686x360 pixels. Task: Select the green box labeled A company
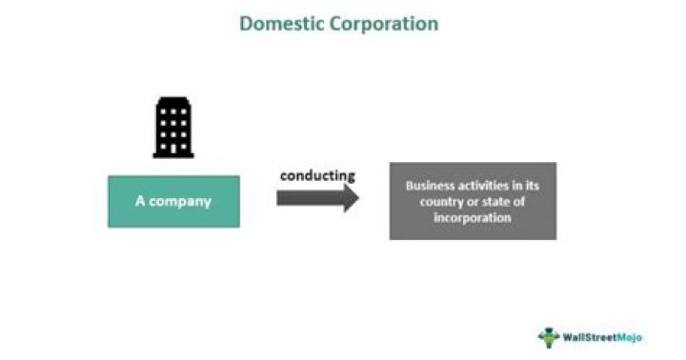[x=173, y=201]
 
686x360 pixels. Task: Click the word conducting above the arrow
[x=317, y=175]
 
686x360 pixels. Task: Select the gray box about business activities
[x=473, y=201]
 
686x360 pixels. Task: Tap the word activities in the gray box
[x=487, y=187]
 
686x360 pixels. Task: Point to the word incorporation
[x=473, y=217]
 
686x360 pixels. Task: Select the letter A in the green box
[x=139, y=202]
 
